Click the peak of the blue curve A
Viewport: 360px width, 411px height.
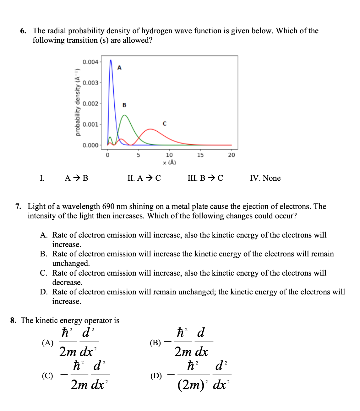pos(111,60)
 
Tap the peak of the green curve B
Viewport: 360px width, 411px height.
pos(125,115)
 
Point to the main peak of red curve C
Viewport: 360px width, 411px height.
pos(151,129)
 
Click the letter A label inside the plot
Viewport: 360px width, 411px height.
pos(119,68)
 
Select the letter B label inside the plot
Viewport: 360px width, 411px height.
pos(124,105)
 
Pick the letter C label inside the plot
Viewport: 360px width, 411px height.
pos(165,123)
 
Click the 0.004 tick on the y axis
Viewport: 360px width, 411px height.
pos(90,62)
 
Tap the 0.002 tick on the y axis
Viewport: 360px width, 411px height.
pos(90,104)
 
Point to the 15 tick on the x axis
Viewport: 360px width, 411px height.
pos(200,155)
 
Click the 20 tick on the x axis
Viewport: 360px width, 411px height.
pos(231,155)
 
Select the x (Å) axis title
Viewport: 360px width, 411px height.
pos(169,162)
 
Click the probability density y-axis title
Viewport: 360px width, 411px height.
pos(77,103)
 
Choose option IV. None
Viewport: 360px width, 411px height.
pos(265,178)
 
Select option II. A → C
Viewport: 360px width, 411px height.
pos(144,178)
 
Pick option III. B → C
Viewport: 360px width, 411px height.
pos(205,178)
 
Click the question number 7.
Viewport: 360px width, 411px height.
pos(18,206)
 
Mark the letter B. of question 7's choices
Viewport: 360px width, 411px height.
pos(44,254)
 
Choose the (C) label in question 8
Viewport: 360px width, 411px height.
pos(47,375)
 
